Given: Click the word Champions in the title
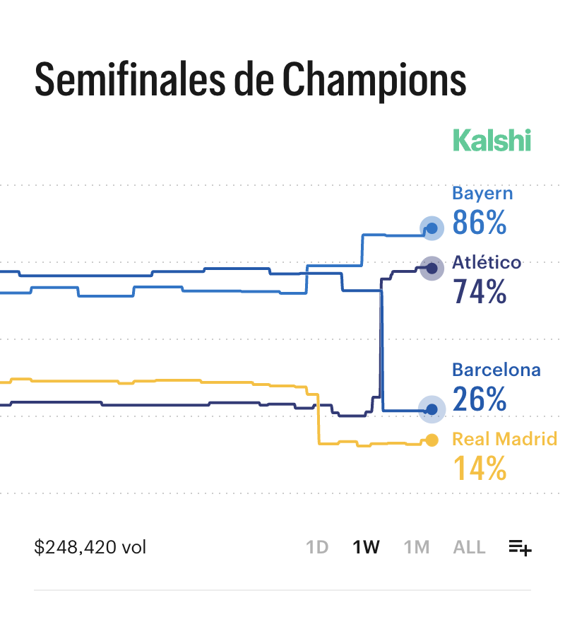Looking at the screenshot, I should tap(374, 81).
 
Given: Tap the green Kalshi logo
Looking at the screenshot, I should tap(492, 140).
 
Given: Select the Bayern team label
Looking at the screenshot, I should tap(482, 194).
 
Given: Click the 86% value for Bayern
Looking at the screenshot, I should tap(480, 223).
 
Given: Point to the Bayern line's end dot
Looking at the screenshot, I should tap(432, 228).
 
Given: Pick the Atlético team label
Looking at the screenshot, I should tap(487, 263).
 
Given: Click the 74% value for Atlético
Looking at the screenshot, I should tap(480, 291).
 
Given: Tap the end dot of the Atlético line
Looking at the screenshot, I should tap(431, 267).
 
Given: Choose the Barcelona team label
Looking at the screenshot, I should tap(496, 370).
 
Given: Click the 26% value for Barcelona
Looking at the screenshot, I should tap(480, 399).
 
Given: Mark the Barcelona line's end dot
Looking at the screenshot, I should tap(432, 409).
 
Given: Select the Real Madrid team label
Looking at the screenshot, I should tap(504, 439).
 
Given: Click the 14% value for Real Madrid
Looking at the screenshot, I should tap(480, 468).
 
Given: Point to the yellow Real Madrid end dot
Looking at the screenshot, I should tap(432, 440).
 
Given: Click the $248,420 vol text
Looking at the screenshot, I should tap(90, 547).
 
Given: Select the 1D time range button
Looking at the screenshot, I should tap(317, 547).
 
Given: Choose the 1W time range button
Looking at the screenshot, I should tap(367, 547).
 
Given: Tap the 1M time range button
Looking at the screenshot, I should tap(417, 547).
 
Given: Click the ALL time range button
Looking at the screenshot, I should tap(469, 547).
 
